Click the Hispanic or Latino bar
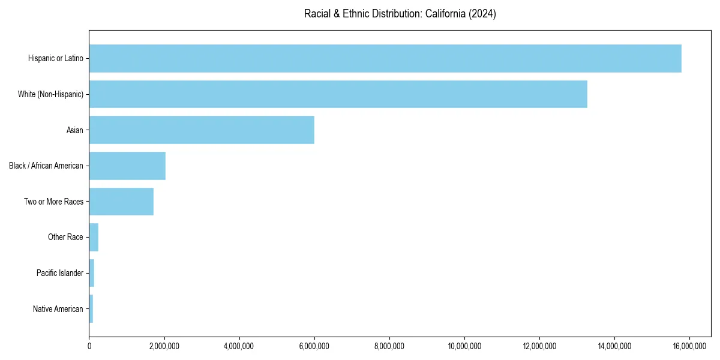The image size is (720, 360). point(385,58)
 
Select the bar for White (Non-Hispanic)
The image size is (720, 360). point(338,94)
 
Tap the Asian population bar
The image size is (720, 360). point(202,130)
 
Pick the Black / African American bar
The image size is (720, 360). point(127,166)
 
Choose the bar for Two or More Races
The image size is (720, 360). point(121,202)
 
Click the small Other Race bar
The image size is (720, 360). point(94,238)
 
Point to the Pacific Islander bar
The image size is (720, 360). point(92,273)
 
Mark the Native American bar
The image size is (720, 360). point(91,309)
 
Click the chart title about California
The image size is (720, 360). point(400,14)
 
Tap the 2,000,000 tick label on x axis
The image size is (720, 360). point(164,346)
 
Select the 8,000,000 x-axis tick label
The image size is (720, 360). point(389,346)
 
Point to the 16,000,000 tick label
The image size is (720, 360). point(689,346)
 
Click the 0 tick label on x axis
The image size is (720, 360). point(89,346)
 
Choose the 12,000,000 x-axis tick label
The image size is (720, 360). point(539,346)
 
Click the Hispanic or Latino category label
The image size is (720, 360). point(55,58)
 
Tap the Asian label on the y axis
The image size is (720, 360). point(74,130)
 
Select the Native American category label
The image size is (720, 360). point(58,309)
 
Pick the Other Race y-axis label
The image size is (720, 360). point(65,238)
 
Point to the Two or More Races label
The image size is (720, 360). point(53,202)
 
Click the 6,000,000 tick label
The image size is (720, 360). point(314,346)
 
